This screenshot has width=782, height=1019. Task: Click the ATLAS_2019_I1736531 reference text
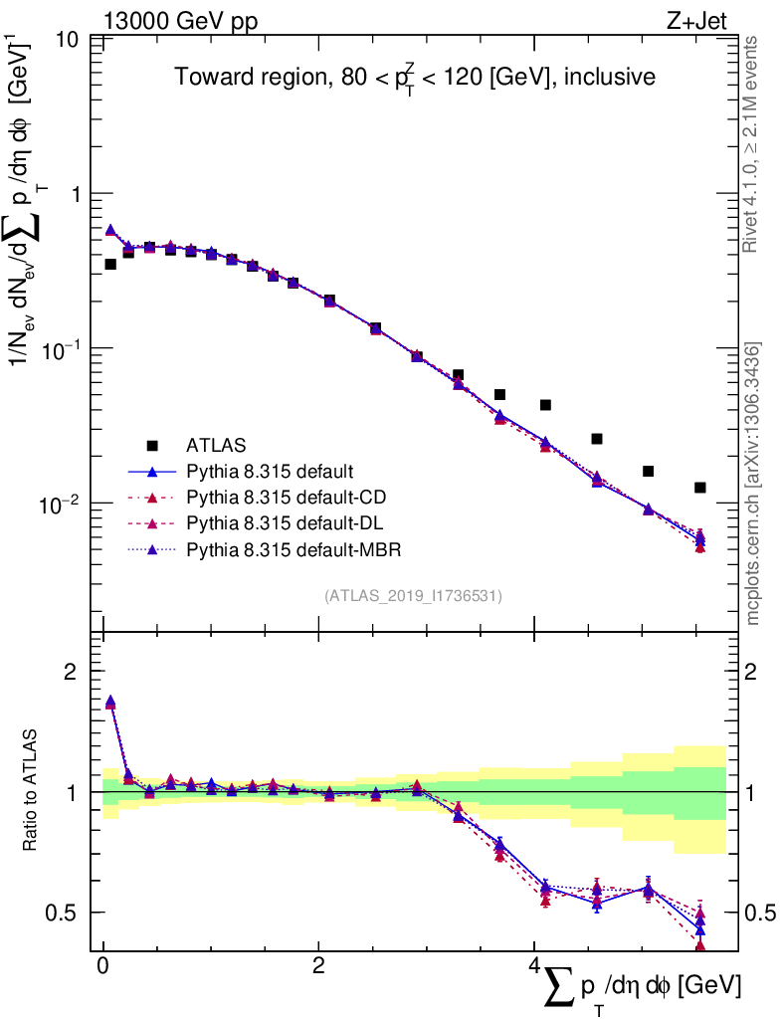(x=413, y=596)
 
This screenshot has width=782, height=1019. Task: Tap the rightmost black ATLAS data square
(x=700, y=488)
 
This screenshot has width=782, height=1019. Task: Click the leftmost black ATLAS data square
(x=110, y=264)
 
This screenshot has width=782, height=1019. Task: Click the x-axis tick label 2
(x=317, y=967)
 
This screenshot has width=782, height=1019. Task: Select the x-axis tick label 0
(x=102, y=967)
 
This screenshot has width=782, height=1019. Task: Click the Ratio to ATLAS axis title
(x=31, y=791)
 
